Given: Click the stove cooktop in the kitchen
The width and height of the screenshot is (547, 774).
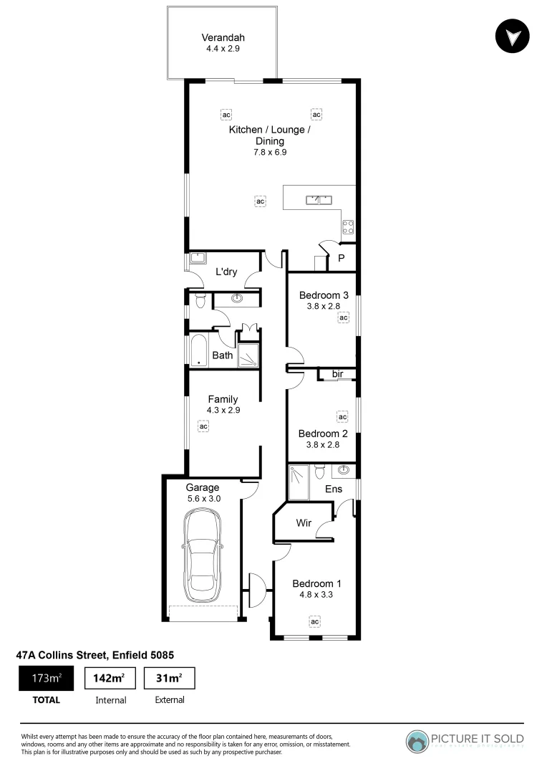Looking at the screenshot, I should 349,227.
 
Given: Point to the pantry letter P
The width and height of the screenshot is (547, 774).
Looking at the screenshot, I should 342,258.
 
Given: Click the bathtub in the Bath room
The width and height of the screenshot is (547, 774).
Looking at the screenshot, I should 198,351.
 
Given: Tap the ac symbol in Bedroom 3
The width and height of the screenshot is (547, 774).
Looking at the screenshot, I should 343,317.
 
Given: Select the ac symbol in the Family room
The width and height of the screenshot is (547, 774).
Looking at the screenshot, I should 203,426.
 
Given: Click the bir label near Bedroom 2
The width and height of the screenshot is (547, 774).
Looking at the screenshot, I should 337,374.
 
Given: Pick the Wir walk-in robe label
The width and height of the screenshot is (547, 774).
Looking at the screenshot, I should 304,523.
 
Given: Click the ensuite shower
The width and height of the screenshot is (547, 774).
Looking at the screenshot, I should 299,482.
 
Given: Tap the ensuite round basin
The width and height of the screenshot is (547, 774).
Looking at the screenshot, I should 344,471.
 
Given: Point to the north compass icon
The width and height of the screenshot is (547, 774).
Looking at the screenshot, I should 513,37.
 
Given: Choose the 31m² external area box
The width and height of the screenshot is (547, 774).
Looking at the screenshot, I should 169,678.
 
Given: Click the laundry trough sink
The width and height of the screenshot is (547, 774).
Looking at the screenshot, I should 198,259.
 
